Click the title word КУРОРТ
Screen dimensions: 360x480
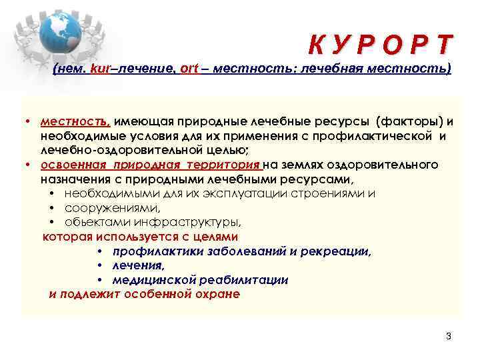380,45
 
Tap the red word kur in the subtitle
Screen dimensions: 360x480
98,69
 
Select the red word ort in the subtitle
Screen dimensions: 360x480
189,69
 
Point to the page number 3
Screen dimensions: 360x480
448,336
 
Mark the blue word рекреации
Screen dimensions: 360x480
338,251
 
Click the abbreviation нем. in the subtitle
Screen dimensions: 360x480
71,69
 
